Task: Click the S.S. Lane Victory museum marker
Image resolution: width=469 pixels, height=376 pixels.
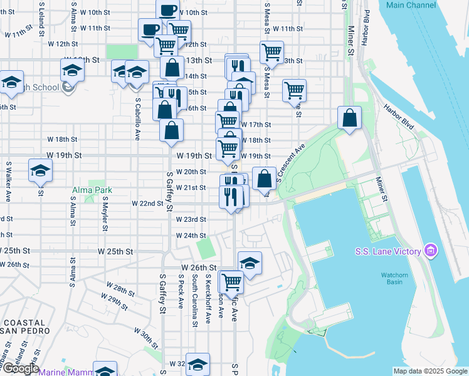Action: [x=430, y=251]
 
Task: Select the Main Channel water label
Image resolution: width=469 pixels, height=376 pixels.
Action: [x=411, y=5]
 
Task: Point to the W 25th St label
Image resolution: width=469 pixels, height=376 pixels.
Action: [x=116, y=251]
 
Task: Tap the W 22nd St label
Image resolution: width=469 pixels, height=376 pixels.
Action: [x=147, y=204]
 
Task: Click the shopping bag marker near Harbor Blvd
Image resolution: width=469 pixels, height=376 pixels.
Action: [x=349, y=117]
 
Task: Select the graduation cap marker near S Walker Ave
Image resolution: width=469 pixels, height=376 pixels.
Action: [x=40, y=170]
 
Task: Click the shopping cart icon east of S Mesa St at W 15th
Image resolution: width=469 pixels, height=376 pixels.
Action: [x=294, y=90]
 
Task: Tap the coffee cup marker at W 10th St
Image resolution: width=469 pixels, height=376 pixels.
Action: [x=167, y=11]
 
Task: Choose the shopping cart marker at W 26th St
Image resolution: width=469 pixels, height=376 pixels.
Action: [x=231, y=281]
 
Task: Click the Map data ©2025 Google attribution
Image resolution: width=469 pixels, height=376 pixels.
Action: [x=430, y=371]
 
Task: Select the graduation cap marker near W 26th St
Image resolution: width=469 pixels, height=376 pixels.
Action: [x=250, y=263]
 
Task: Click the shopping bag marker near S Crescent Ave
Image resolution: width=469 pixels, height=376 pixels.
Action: [x=265, y=177]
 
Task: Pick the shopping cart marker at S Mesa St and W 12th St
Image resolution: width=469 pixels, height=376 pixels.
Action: [x=271, y=52]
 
